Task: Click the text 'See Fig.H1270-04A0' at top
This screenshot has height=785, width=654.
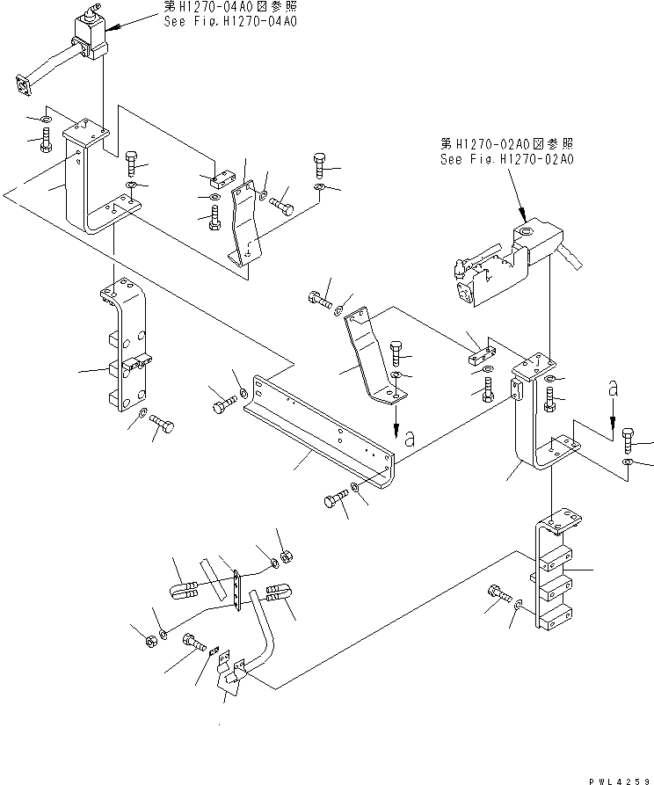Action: coord(229,21)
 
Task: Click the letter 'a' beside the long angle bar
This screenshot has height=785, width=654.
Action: coord(409,440)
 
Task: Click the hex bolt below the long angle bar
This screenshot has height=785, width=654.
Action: coord(334,498)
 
